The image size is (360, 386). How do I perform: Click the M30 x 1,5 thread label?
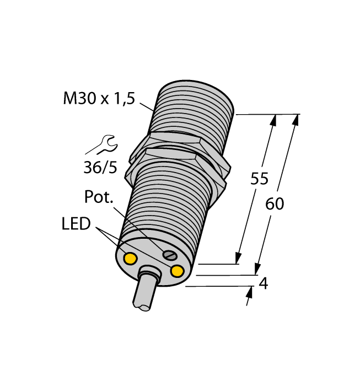99,99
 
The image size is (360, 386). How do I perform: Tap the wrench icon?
101,144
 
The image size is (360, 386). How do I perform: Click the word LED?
76,224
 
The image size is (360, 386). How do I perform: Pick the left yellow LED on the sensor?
131,258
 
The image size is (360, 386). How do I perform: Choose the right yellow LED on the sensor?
177,271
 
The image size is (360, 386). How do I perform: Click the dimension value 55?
259,179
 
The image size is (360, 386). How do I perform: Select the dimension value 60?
275,204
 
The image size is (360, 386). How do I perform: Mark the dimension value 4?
264,283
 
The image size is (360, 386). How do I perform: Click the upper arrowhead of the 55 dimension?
273,120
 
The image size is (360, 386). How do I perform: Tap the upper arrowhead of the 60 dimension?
296,120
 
